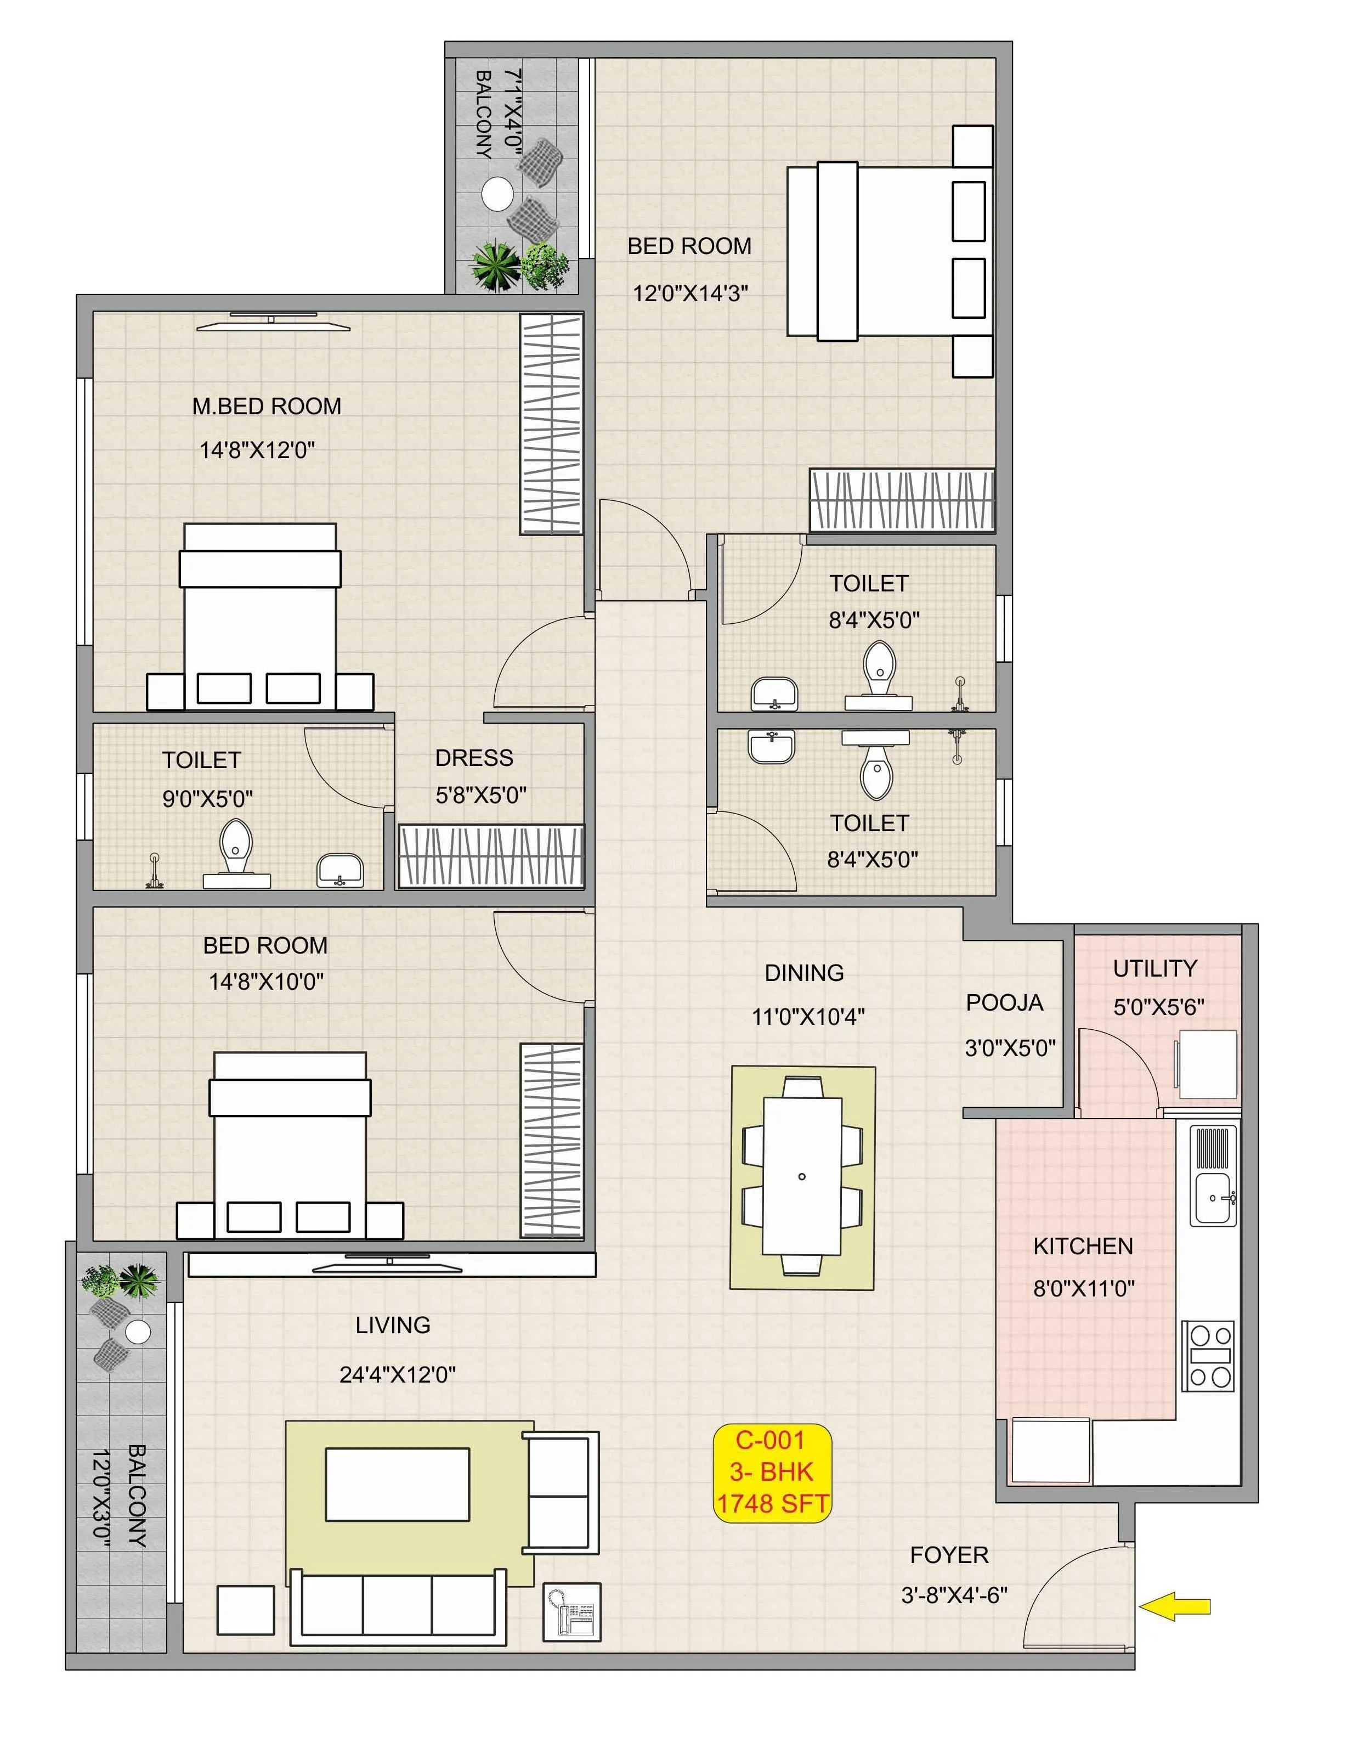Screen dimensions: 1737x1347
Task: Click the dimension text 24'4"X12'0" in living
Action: (397, 1374)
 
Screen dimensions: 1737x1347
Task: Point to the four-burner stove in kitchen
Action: (1207, 1356)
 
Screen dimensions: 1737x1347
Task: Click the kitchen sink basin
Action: (1212, 1198)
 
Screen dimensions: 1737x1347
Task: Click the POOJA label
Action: (1004, 1003)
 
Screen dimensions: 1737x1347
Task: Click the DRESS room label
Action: (474, 758)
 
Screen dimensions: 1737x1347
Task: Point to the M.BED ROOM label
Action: (267, 407)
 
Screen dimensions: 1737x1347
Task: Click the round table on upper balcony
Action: (498, 193)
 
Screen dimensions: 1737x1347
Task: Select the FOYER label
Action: (949, 1555)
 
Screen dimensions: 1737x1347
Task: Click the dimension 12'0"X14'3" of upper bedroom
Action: (690, 294)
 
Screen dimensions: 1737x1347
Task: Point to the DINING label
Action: (804, 973)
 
